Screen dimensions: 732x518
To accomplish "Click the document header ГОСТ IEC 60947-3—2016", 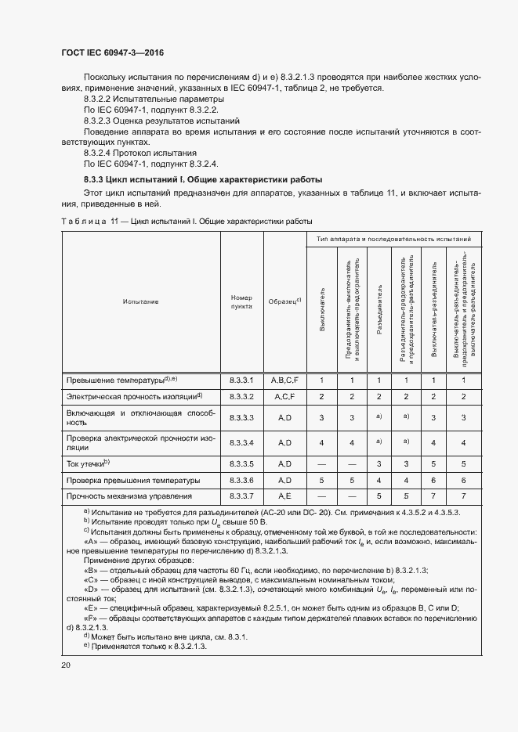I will click(112, 53).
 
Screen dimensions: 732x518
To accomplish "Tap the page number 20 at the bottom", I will click(66, 665).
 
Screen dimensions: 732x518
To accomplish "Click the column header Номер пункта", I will click(241, 301).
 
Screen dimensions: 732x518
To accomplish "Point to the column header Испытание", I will click(140, 301).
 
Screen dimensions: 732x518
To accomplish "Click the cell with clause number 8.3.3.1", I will click(241, 380).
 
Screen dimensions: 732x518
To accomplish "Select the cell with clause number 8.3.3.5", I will click(241, 463).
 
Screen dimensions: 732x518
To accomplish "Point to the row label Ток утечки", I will click(88, 463).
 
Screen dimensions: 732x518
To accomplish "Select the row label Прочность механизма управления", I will click(129, 496).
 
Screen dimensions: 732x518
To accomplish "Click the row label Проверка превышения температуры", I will click(132, 480).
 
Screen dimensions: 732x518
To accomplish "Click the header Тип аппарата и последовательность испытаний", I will click(393, 238).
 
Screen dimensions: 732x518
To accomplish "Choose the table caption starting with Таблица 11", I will click(187, 222).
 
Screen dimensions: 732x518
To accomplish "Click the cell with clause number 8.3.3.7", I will click(241, 496).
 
